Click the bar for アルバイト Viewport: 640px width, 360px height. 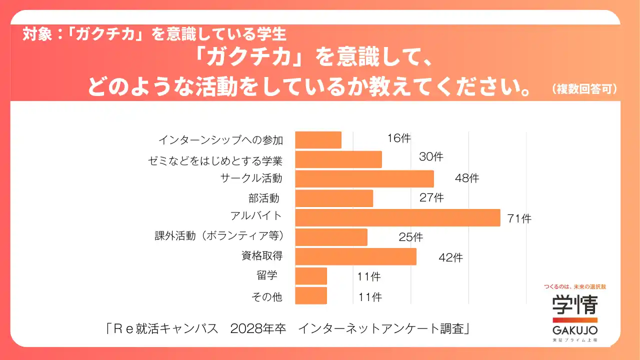tap(397, 218)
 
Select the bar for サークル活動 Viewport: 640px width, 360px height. tap(364, 179)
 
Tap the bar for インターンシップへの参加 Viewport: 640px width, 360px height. tap(318, 140)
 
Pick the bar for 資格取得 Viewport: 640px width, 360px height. tap(355, 256)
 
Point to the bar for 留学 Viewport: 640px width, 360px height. tap(311, 276)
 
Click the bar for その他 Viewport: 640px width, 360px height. tap(311, 295)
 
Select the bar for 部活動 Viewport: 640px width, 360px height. tap(334, 198)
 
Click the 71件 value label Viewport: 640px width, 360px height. tap(519, 218)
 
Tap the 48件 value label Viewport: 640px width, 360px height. tap(467, 178)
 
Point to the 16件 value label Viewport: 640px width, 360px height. tap(398, 138)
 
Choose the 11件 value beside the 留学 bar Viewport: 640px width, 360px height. tap(369, 276)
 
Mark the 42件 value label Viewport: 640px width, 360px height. tap(450, 258)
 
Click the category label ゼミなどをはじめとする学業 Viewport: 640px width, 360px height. tap(215, 161)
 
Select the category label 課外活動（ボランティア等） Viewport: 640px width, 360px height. tap(219, 235)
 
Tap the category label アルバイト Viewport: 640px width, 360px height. tap(256, 216)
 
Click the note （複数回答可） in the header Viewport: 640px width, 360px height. tap(584, 89)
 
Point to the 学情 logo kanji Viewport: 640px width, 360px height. tap(575, 304)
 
